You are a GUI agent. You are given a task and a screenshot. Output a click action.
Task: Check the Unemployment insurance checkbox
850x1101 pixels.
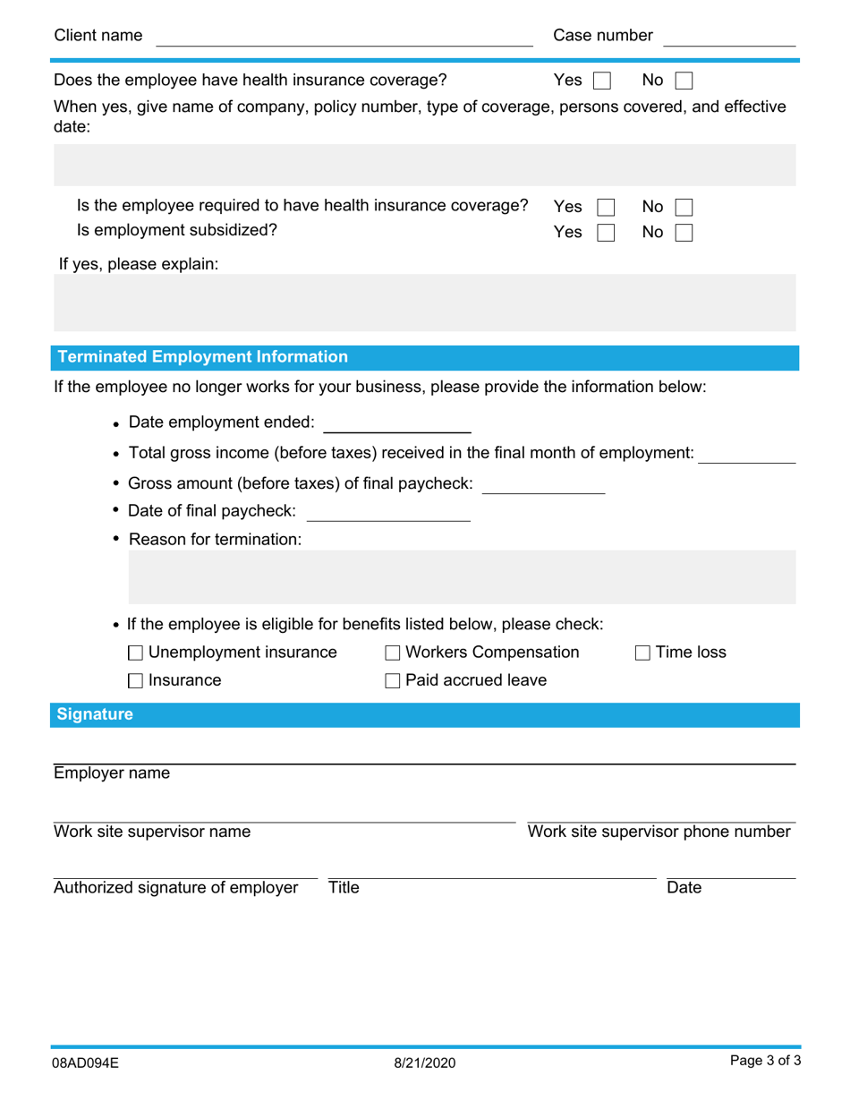click(136, 653)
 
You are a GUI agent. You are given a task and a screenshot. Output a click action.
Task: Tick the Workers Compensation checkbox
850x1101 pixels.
click(393, 653)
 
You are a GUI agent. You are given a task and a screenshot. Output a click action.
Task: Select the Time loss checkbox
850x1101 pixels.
click(642, 653)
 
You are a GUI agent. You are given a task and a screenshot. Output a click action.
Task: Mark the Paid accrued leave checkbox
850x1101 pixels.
click(393, 681)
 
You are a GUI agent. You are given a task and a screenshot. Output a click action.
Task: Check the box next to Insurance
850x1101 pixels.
click(136, 681)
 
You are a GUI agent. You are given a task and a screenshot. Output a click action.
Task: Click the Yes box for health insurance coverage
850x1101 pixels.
click(602, 81)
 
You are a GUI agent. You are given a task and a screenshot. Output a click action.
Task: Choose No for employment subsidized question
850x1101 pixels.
click(684, 233)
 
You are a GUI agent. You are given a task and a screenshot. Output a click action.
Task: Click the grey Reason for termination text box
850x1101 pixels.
click(462, 577)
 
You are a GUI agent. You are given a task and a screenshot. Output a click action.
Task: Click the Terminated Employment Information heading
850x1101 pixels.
click(202, 357)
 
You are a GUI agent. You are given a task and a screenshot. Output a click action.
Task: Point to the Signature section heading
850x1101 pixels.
click(95, 714)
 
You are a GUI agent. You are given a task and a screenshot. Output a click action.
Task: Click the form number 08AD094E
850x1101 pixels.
click(86, 1063)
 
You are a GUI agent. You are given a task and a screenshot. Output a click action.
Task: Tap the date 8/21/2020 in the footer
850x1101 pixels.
click(425, 1063)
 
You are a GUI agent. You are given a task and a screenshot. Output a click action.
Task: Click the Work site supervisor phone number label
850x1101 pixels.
click(659, 832)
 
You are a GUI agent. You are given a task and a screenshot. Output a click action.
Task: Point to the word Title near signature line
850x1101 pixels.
click(344, 888)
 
